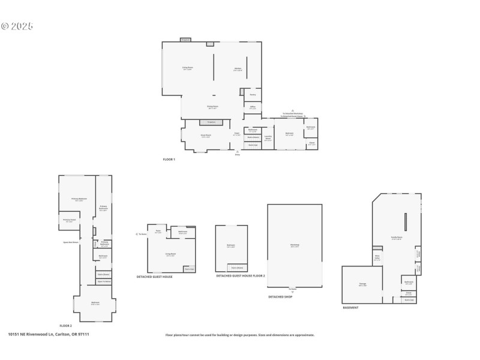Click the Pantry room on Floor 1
pos(253,94)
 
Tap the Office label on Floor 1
pos(253,107)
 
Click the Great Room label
pos(205,136)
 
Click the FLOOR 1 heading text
pos(169,159)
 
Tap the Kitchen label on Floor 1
pos(238,68)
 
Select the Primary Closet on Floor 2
pos(68,220)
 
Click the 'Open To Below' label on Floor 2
pos(103,281)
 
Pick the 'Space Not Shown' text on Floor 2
pos(71,242)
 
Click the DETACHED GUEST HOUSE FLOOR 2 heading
pos(241,277)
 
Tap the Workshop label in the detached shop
pos(295,245)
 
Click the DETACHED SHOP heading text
pos(280,296)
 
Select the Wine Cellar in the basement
pos(377,258)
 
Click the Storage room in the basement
pos(362,285)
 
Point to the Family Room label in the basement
pos(396,238)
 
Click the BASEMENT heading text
pos(351,308)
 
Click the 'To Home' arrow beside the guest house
pos(141,234)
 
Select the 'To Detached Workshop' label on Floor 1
pos(293,113)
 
